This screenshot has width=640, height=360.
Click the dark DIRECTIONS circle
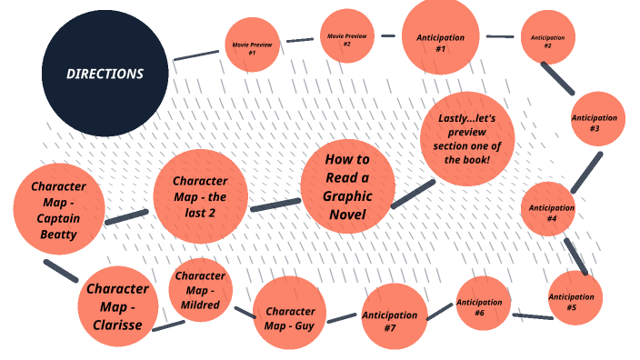point(105,74)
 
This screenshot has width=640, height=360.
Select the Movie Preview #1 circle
point(252,45)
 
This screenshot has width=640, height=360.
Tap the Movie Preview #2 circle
point(346,40)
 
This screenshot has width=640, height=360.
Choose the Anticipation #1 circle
point(440,37)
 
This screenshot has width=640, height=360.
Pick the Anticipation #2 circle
point(548,38)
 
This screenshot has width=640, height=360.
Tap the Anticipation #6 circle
point(482,305)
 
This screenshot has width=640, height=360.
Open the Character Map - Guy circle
point(289,315)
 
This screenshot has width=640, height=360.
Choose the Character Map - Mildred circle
point(199,290)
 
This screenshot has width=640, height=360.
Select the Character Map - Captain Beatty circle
point(58,208)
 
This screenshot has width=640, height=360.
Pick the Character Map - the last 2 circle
point(200,196)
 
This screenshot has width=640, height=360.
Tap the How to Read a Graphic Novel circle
point(346,186)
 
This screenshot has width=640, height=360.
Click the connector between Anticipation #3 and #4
point(586,172)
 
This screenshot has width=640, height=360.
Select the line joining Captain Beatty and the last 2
point(126,216)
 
